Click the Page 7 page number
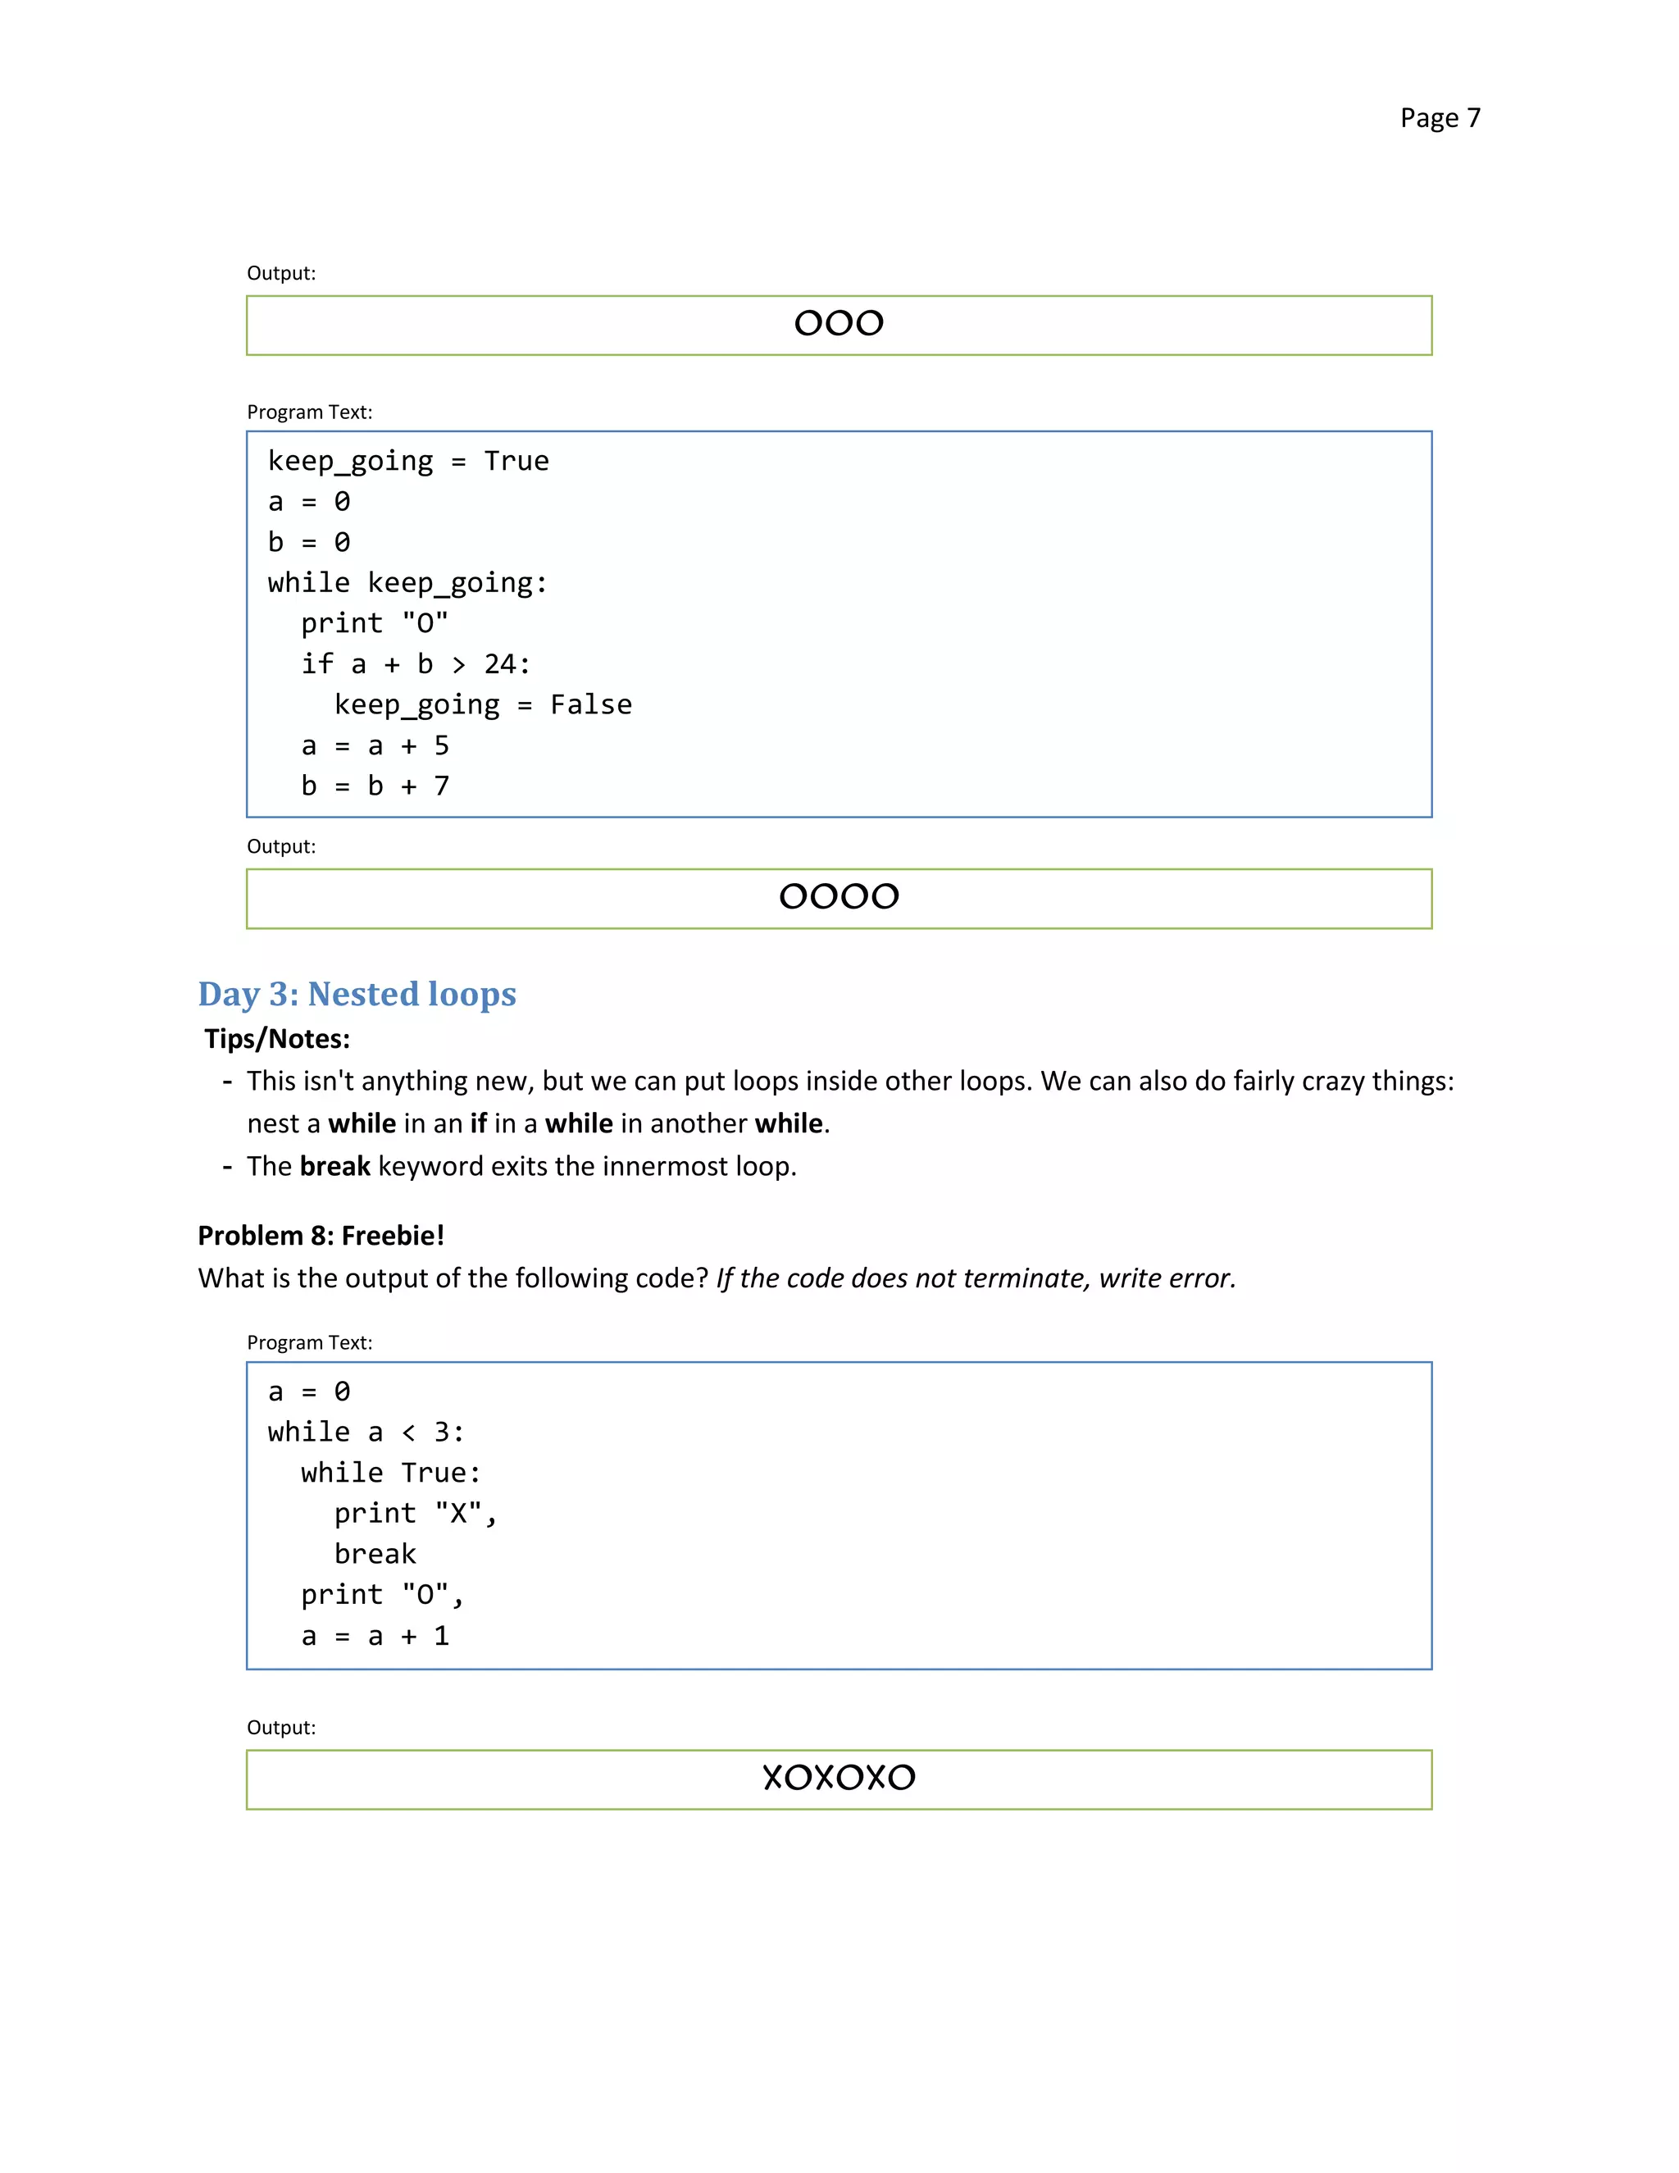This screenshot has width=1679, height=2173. pos(1440,117)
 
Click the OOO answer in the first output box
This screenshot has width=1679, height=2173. pos(839,323)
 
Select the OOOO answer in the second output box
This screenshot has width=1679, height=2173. pos(839,896)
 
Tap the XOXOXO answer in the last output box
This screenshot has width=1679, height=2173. pos(839,1777)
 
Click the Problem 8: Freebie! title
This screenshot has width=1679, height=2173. pos(321,1236)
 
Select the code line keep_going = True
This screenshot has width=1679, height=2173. pos(407,461)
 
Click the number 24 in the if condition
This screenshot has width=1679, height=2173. pos(499,663)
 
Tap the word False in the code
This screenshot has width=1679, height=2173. pos(591,704)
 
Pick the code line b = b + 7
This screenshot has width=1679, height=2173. pos(375,786)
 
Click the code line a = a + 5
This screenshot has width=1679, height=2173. pos(375,745)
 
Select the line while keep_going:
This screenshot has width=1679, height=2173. pos(407,582)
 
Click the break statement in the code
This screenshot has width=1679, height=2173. pos(375,1554)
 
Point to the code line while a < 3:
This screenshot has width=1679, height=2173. pos(365,1432)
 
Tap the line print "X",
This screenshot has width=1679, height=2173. pos(415,1514)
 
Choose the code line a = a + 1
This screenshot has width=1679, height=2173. pos(375,1636)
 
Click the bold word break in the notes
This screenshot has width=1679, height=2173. pos(334,1166)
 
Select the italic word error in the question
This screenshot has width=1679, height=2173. pos(1198,1278)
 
